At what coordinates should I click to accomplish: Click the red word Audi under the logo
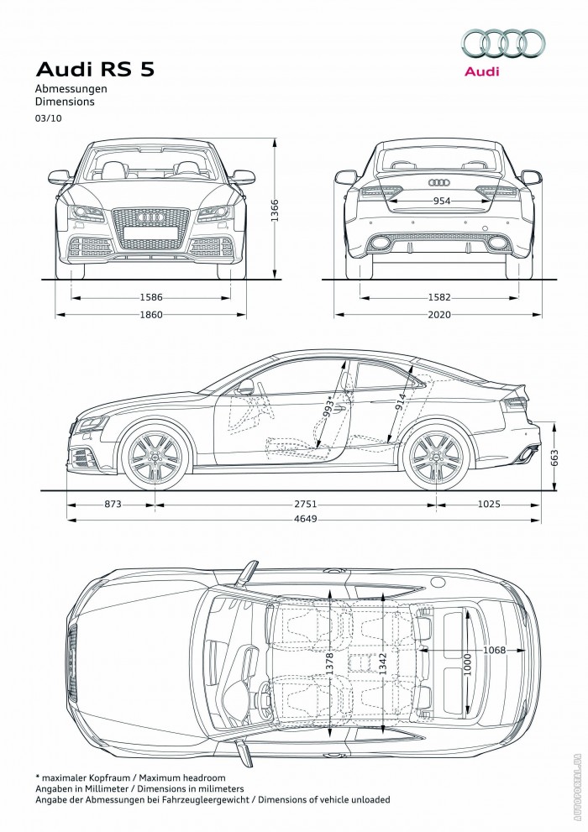[x=481, y=71]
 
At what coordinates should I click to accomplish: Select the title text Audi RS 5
[x=94, y=70]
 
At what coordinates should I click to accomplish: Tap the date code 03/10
[x=47, y=118]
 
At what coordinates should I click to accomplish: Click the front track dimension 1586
[x=151, y=297]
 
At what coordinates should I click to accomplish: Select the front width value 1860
[x=151, y=315]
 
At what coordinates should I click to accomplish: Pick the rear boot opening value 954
[x=440, y=201]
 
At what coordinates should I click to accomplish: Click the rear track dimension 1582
[x=438, y=297]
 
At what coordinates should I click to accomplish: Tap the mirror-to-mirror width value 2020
[x=438, y=315]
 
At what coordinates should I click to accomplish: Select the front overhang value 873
[x=113, y=505]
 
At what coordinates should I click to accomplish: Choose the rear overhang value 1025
[x=488, y=505]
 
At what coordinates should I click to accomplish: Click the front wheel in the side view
[x=154, y=458]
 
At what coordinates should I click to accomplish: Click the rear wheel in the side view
[x=434, y=458]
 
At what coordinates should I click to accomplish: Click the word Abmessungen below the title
[x=71, y=88]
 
